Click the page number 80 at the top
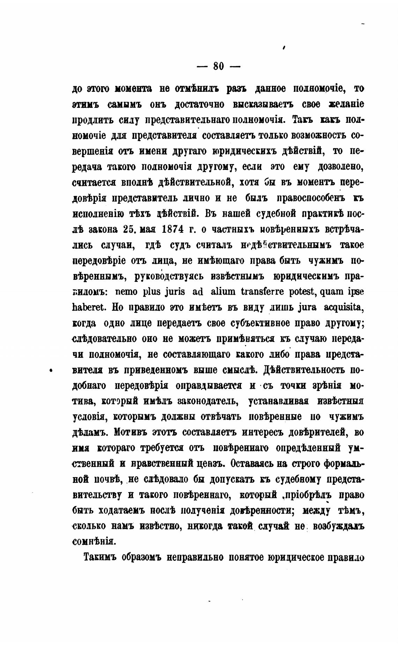click(218, 66)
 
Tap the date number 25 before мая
click(129, 230)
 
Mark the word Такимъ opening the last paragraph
click(100, 557)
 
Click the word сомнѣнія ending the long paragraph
click(93, 541)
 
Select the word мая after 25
click(149, 230)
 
